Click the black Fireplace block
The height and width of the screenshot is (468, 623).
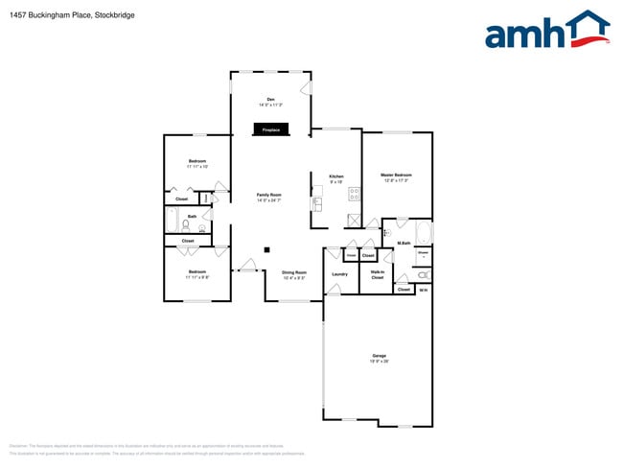[x=271, y=129]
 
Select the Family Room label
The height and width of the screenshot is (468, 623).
[x=269, y=198]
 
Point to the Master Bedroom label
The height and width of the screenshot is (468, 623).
[x=396, y=176]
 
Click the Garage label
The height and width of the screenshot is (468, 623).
[x=380, y=358]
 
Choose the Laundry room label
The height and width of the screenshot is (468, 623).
[x=339, y=274]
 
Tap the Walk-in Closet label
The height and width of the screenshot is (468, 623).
[x=378, y=275]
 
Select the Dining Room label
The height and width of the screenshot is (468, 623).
[x=294, y=274]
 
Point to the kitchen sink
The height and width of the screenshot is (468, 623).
[x=317, y=203]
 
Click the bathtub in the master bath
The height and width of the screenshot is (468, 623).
[x=424, y=233]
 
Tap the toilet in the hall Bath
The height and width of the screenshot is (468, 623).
[x=186, y=227]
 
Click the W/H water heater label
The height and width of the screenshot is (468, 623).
[x=424, y=289]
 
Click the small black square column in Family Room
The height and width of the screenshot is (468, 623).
[x=267, y=249]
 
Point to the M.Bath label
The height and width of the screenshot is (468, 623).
[x=404, y=244]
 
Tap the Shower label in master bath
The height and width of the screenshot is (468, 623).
[x=423, y=255]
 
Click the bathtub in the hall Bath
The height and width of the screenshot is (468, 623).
[x=171, y=223]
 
